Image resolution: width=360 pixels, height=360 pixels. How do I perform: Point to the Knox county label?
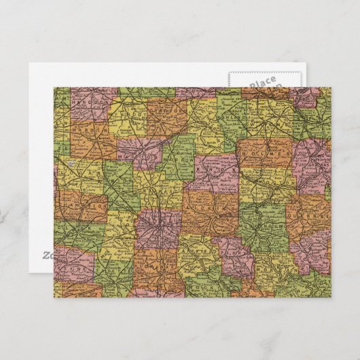[212, 171]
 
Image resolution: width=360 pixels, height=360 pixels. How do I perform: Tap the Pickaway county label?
[155, 264]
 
